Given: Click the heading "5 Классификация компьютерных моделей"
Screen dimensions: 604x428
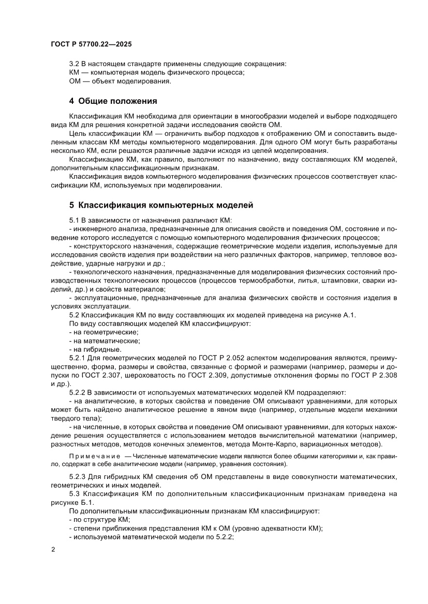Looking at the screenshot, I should pos(161,205).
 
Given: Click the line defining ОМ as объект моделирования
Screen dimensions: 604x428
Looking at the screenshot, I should pos(120,81).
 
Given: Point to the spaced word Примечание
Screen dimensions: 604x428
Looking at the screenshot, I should pos(93,457).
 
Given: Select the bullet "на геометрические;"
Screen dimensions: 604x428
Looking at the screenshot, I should pos(104,332).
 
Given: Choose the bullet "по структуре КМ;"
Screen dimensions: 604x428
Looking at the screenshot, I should pos(99,520).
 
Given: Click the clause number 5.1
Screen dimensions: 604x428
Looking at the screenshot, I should pos(76,219).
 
